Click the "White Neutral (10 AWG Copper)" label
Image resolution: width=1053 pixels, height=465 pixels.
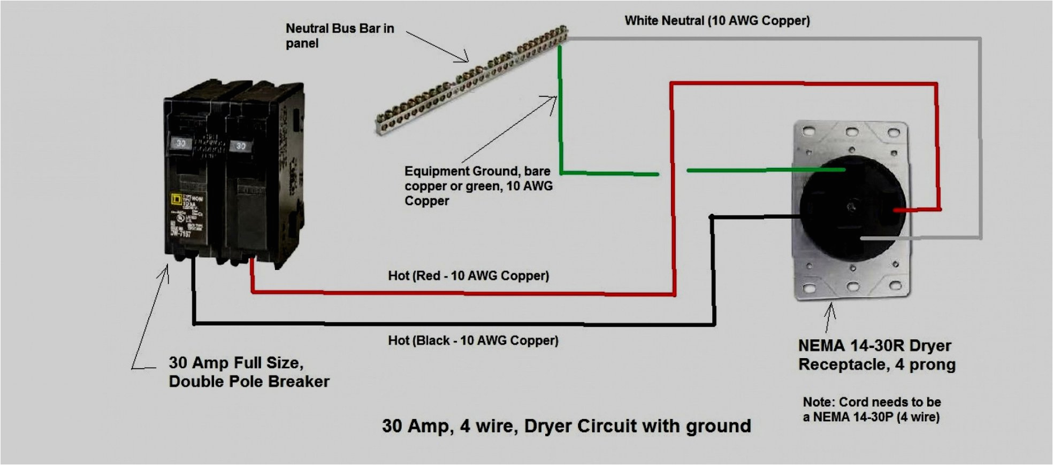717,21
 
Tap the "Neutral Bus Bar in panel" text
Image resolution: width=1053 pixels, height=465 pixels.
339,36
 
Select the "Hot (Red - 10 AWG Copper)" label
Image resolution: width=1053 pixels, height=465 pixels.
468,276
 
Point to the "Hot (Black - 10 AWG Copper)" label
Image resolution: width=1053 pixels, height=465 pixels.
473,340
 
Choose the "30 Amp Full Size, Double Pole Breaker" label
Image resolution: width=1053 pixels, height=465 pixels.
249,372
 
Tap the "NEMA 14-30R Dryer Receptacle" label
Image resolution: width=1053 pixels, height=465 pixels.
876,355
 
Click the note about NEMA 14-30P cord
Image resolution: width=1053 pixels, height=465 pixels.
871,409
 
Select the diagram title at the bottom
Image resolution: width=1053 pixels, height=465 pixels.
566,426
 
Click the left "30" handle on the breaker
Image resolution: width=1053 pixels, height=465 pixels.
181,143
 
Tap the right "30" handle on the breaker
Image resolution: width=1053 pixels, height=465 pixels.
241,146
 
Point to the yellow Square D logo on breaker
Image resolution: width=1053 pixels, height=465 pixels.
175,200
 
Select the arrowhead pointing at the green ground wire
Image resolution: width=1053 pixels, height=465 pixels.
554,99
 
